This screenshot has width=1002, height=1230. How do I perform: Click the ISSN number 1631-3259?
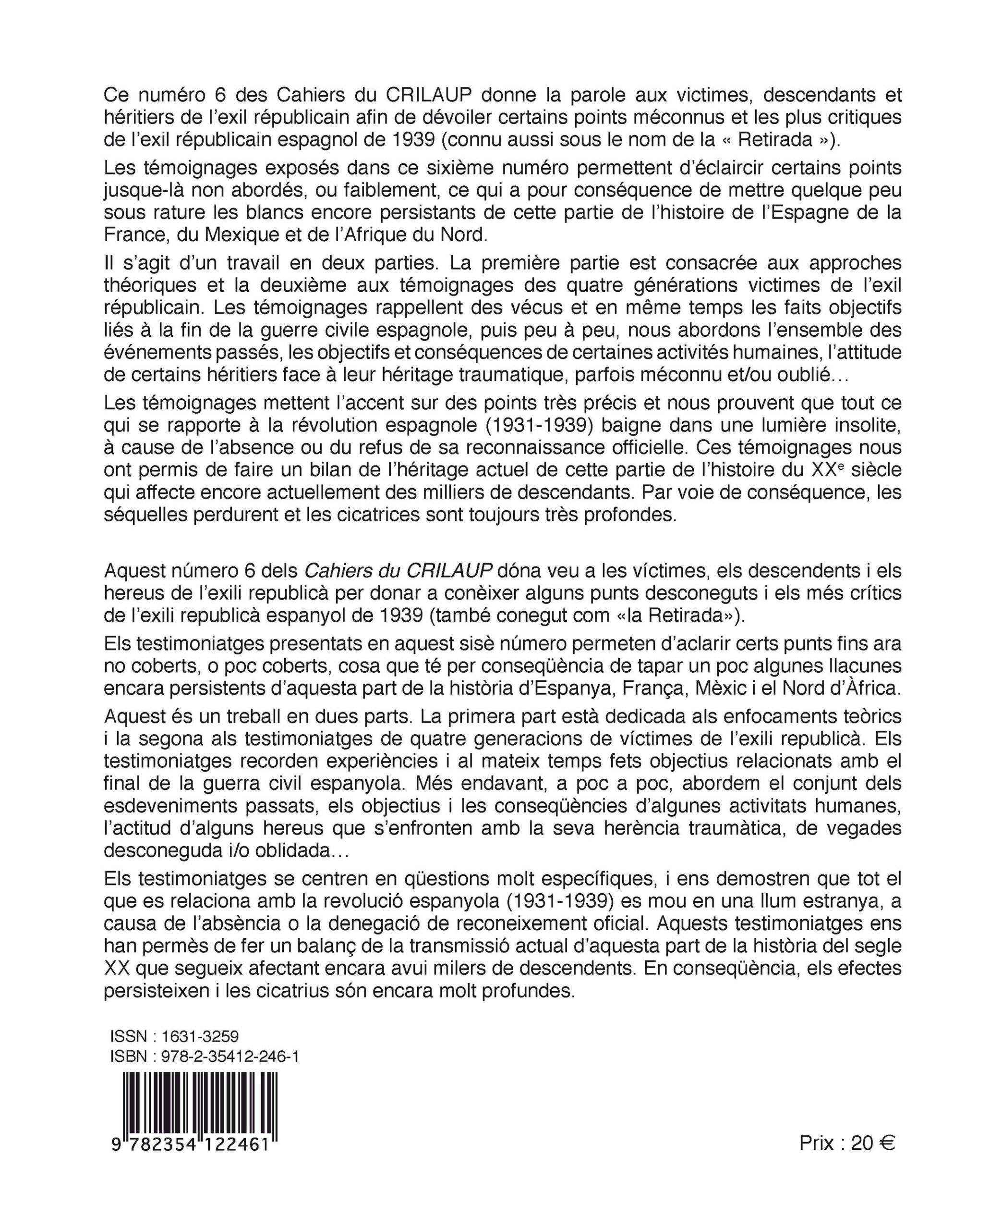200,1036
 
